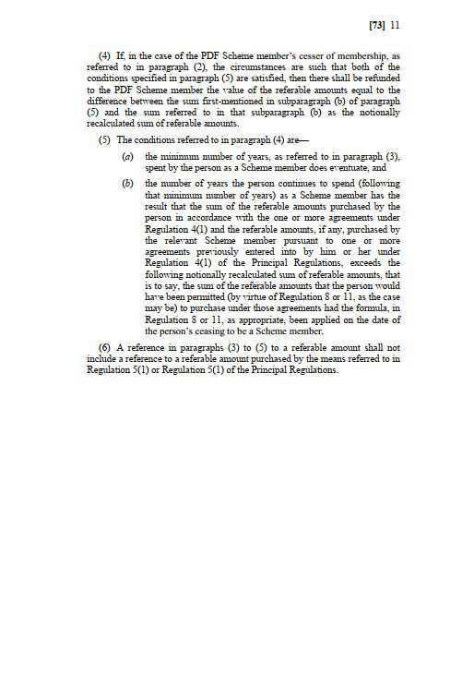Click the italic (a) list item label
(x=128, y=158)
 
